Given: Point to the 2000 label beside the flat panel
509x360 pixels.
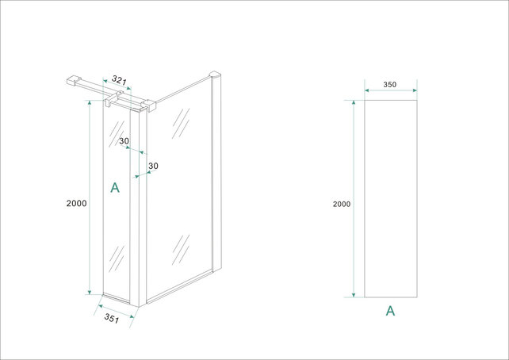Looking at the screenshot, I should tap(342, 204).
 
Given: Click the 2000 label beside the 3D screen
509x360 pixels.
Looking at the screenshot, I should tap(76, 204).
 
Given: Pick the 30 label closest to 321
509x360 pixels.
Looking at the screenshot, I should tap(124, 141).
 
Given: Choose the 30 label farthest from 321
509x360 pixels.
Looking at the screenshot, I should tap(153, 166).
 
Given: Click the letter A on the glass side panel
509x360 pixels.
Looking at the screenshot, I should tap(114, 188).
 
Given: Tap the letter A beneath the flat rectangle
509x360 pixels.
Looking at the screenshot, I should tap(390, 311).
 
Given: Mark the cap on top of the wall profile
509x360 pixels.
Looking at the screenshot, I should tap(213, 76).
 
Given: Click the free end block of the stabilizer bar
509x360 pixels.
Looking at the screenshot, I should tap(70, 80).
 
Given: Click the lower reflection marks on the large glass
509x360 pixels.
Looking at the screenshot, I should tap(180, 249).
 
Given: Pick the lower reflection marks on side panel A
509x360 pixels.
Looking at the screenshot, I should tap(117, 259).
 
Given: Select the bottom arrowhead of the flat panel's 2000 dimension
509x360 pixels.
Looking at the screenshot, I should tap(354, 294).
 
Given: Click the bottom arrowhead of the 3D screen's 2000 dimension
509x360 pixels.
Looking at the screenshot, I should tap(90, 291).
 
